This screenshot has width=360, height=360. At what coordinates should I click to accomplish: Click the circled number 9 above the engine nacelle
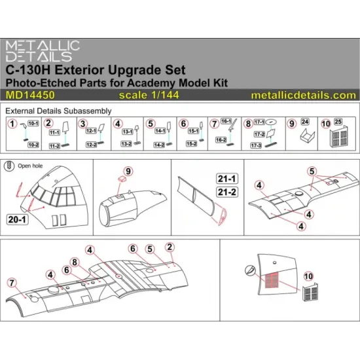tap(128, 171)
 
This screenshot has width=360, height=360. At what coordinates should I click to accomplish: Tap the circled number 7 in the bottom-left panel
tap(10, 282)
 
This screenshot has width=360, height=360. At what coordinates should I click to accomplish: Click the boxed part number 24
tap(311, 122)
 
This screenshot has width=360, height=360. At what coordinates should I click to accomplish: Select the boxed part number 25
tap(346, 122)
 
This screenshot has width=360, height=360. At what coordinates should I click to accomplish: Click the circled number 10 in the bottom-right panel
tap(308, 302)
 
